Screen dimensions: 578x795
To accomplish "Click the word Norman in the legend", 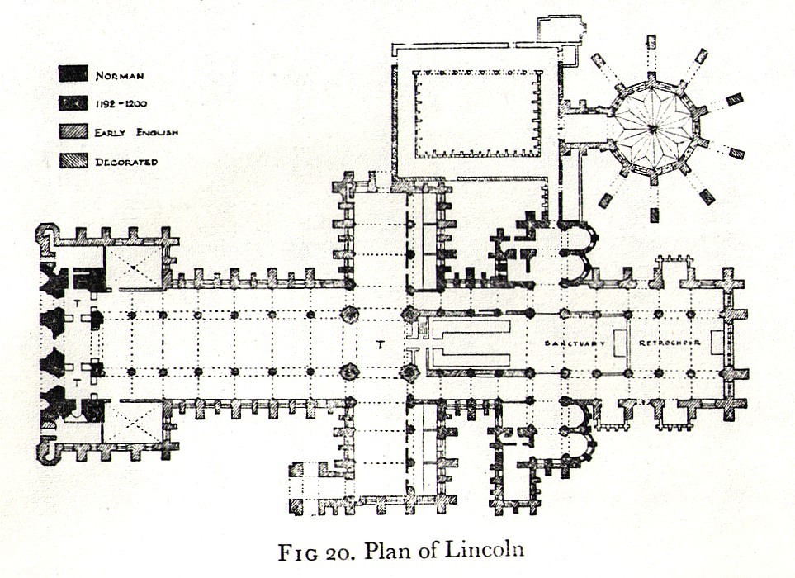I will pyautogui.click(x=120, y=76).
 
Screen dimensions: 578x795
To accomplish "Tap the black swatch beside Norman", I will pyautogui.click(x=73, y=74).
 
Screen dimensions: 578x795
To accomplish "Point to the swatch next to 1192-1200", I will pyautogui.click(x=73, y=103).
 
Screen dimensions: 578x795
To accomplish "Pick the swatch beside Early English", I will pyautogui.click(x=73, y=131).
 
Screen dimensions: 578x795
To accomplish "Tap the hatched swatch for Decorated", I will pyautogui.click(x=73, y=161).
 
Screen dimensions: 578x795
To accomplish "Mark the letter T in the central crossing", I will pyautogui.click(x=379, y=344).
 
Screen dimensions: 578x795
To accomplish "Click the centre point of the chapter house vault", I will pyautogui.click(x=652, y=128).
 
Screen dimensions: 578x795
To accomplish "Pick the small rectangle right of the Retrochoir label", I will pyautogui.click(x=717, y=341).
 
